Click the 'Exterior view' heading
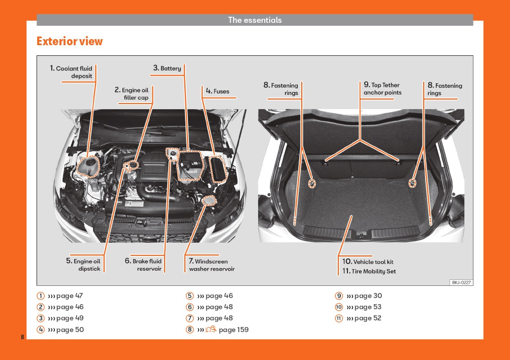pos(70,41)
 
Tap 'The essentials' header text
pos(254,20)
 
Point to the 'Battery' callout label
pos(168,68)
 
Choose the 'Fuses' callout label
pos(218,91)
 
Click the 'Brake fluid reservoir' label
pos(144,265)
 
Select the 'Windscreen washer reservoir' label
pos(209,265)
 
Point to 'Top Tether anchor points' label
pos(382,89)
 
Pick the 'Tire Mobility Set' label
pos(369,271)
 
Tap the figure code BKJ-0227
pos(461,282)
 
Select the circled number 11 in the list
pos(339,318)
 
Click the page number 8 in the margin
pos(22,337)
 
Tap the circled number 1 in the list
pos(40,296)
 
